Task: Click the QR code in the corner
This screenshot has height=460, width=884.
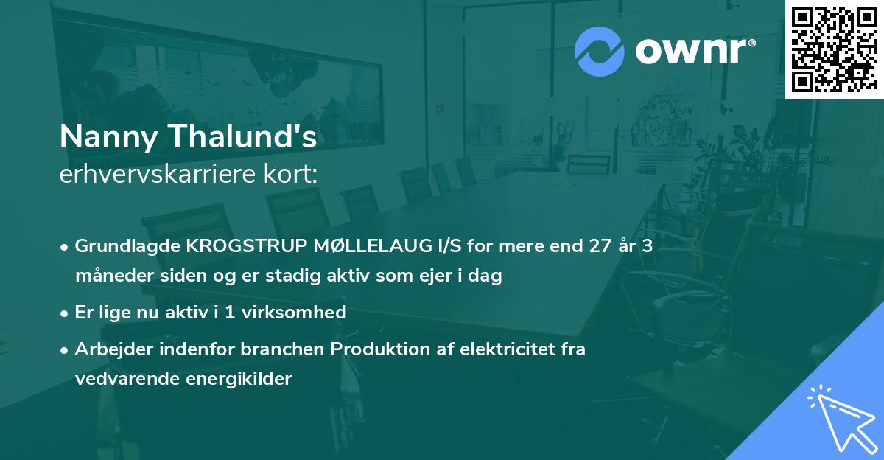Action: pos(834,49)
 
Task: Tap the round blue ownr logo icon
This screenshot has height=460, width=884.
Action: pos(600,52)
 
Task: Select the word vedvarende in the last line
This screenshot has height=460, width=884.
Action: pos(118,379)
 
